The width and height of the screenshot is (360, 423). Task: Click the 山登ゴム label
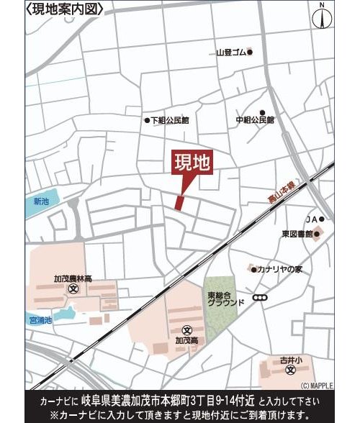231,53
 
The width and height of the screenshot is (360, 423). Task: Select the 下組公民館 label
171,120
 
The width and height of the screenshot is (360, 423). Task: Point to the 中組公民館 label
256,120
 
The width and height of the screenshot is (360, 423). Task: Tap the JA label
311,219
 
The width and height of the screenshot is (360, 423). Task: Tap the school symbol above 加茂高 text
187,328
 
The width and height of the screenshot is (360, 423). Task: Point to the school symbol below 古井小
289,371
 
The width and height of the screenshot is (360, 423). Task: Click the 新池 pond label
42,201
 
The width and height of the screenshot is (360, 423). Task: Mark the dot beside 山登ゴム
250,53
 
